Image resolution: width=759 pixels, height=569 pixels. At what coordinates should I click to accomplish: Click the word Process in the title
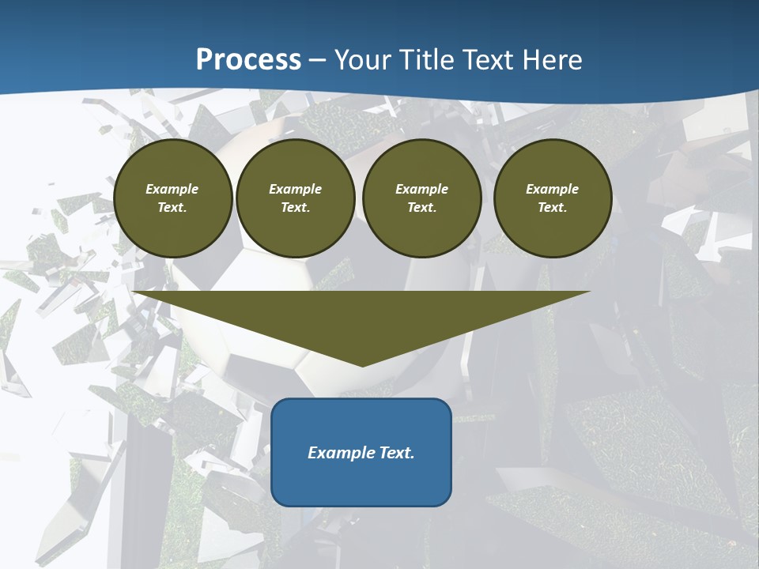(x=248, y=60)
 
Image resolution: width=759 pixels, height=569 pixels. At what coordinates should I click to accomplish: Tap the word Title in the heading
(x=425, y=60)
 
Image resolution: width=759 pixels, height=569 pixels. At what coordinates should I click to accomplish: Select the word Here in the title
(x=553, y=60)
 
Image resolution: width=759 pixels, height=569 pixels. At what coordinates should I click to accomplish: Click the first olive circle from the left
(x=173, y=198)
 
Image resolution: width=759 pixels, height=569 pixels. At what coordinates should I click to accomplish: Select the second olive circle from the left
(x=296, y=198)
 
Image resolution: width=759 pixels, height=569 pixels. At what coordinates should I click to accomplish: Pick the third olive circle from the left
(x=422, y=198)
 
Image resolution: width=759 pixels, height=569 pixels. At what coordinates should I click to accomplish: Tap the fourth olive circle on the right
(x=553, y=198)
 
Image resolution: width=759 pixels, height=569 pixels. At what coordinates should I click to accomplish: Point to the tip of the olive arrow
(x=362, y=365)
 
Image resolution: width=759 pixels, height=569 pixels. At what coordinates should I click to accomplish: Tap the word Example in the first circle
(x=172, y=189)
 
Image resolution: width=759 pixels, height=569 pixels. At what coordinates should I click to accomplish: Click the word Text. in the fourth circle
(x=553, y=208)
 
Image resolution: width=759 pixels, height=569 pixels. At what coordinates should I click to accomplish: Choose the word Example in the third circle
(x=422, y=189)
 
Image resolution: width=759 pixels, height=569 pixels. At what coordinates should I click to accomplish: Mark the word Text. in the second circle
(x=296, y=208)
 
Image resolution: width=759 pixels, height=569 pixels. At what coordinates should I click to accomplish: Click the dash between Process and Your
(x=318, y=60)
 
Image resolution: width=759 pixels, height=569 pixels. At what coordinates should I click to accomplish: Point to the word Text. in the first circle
(x=172, y=208)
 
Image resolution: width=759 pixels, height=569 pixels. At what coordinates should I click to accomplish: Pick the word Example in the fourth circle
(x=553, y=189)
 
